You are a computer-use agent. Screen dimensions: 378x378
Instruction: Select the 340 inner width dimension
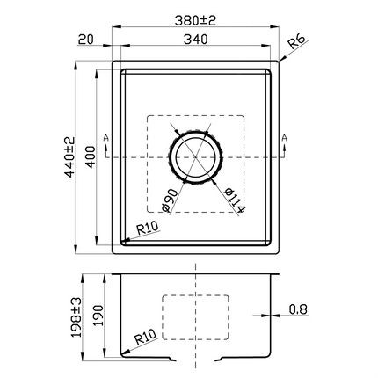point(197,39)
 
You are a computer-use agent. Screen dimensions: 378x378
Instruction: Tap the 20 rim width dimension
point(85,39)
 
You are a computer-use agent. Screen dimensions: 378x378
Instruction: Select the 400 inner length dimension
point(90,157)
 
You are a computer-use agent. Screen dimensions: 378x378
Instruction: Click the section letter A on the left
point(105,138)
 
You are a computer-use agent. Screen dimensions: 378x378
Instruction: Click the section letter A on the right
point(285,138)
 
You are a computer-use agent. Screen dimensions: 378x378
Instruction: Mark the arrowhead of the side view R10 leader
point(122,353)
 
